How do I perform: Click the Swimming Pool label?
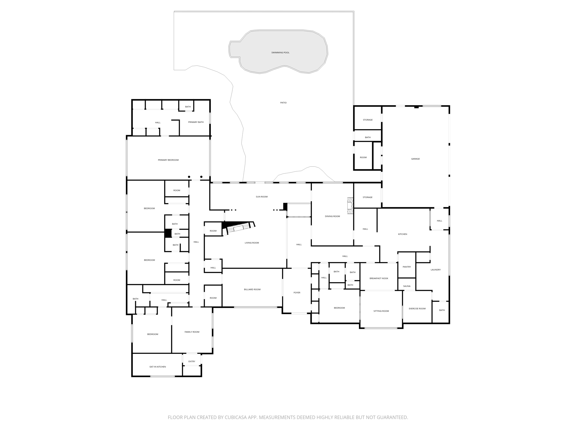click(280, 53)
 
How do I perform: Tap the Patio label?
click(283, 103)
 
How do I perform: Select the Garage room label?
click(415, 159)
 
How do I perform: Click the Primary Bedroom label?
click(168, 160)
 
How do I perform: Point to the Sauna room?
click(407, 286)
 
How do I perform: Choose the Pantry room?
click(407, 267)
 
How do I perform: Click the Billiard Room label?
click(252, 289)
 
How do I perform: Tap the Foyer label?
click(297, 292)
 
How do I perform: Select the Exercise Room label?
click(417, 309)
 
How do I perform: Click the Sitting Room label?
click(381, 311)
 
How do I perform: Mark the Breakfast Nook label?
click(379, 278)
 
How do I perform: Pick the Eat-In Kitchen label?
click(157, 367)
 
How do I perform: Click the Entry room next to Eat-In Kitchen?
click(192, 361)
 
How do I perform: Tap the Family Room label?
click(192, 332)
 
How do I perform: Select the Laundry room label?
click(435, 270)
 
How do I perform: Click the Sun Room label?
click(262, 197)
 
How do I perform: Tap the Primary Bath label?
click(196, 122)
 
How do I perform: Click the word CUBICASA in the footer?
click(236, 417)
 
